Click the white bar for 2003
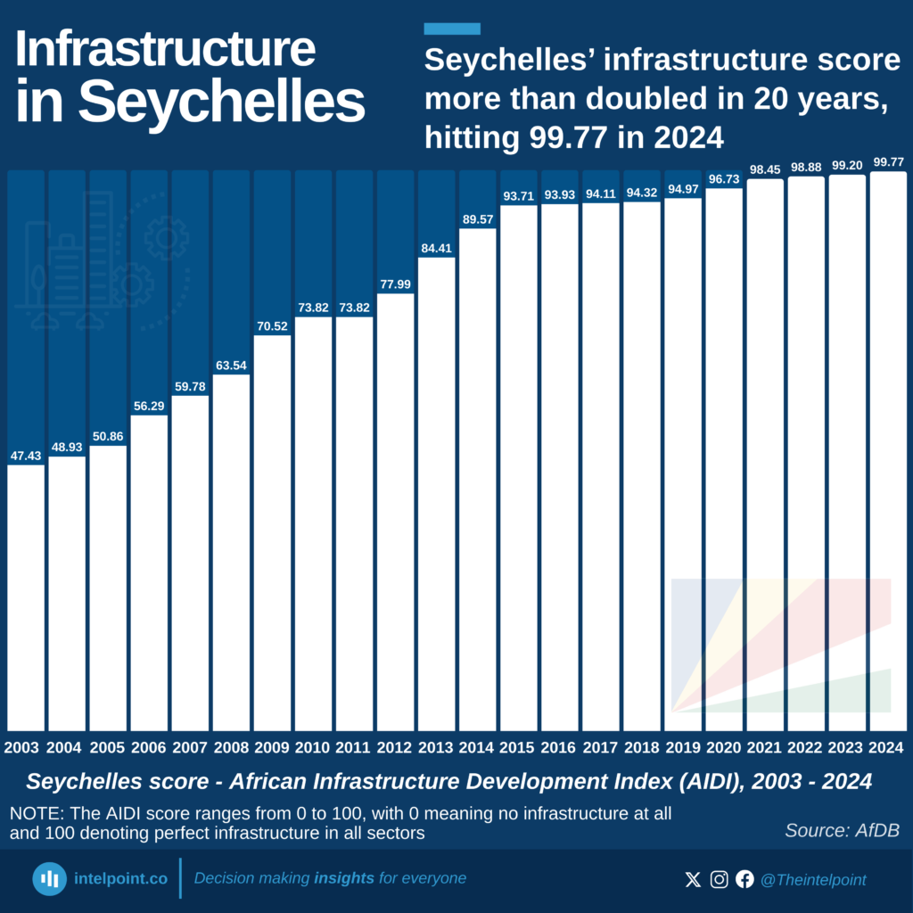click(x=26, y=597)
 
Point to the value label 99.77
click(x=888, y=162)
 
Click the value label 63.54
click(x=231, y=366)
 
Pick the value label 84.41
click(x=436, y=249)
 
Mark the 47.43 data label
click(x=26, y=456)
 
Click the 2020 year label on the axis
click(x=723, y=747)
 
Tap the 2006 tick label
click(x=149, y=747)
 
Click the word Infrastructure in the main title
click(x=165, y=50)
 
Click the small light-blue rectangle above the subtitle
click(x=452, y=29)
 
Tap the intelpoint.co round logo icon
click(x=50, y=878)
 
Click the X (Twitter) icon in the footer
click(x=693, y=880)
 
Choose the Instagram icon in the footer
click(x=719, y=880)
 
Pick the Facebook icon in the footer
click(x=744, y=880)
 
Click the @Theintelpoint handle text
click(x=812, y=880)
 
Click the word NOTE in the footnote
click(x=32, y=814)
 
